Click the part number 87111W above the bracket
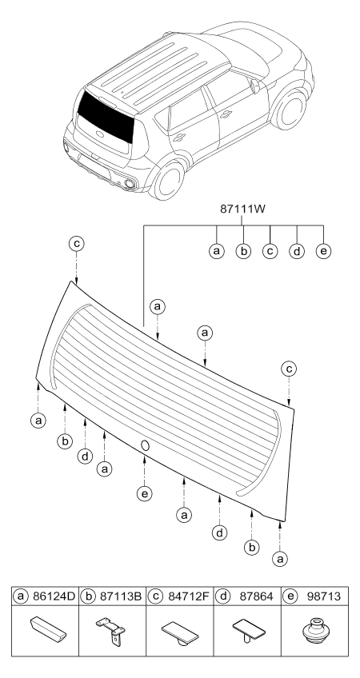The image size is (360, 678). click(x=242, y=209)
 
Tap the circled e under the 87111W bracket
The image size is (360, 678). click(x=323, y=251)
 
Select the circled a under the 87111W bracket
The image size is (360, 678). click(x=216, y=251)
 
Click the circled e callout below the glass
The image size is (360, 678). click(x=144, y=493)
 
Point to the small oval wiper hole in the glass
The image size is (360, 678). click(x=145, y=445)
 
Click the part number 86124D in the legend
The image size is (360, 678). click(x=54, y=596)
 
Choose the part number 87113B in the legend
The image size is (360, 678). click(x=121, y=596)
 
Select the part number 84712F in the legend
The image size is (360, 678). click(x=188, y=596)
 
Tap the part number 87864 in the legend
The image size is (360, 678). click(x=257, y=596)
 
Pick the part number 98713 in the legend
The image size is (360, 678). click(x=324, y=596)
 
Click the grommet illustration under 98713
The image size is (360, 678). click(x=315, y=631)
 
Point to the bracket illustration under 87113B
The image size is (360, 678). click(x=110, y=632)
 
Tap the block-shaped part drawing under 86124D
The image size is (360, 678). click(x=48, y=628)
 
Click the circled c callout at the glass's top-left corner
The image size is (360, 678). click(x=76, y=244)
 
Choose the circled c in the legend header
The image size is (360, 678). click(x=155, y=596)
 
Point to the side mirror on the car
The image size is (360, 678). click(x=255, y=86)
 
